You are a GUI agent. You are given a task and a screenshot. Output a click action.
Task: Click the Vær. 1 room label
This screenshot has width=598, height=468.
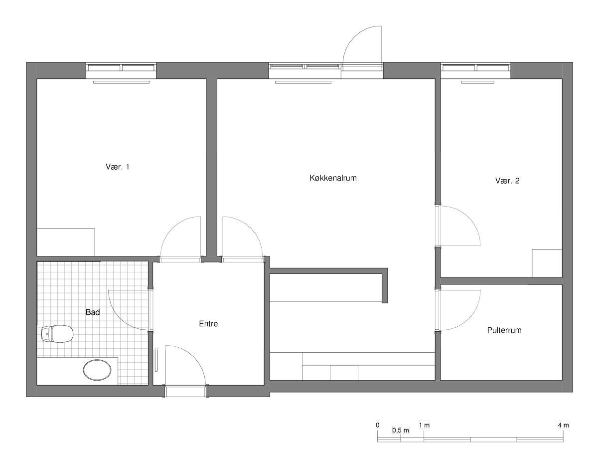click(117, 167)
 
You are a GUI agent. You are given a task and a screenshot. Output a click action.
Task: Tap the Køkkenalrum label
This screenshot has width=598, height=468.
click(333, 178)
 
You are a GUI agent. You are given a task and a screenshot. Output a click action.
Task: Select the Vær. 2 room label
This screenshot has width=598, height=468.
click(507, 181)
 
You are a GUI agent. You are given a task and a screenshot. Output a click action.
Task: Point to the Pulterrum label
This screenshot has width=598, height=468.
click(504, 330)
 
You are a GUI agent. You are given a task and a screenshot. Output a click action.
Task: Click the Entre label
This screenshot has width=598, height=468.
click(208, 324)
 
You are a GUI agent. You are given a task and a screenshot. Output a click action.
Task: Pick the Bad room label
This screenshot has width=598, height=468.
click(93, 312)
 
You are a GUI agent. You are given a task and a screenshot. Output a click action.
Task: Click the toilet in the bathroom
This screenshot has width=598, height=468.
click(57, 334)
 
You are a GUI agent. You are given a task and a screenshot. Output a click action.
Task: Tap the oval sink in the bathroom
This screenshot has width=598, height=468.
click(97, 370)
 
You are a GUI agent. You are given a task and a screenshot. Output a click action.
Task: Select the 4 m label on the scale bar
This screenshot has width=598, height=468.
click(563, 425)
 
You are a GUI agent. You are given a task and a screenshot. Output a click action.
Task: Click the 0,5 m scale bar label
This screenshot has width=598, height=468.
click(400, 430)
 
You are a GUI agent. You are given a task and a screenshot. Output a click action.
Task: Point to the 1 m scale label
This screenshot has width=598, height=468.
click(424, 425)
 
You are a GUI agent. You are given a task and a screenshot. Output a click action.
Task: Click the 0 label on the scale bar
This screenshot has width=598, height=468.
click(378, 425)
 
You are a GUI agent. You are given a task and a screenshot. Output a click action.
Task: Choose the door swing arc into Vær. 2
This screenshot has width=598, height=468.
click(468, 218)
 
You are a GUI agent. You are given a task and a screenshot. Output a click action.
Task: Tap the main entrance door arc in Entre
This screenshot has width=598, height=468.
click(194, 357)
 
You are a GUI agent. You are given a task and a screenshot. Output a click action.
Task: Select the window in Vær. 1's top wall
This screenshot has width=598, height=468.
click(121, 68)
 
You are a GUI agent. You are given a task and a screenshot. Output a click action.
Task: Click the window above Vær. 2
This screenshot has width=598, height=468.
click(476, 68)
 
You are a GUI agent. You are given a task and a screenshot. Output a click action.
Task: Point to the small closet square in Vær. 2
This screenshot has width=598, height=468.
click(547, 263)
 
